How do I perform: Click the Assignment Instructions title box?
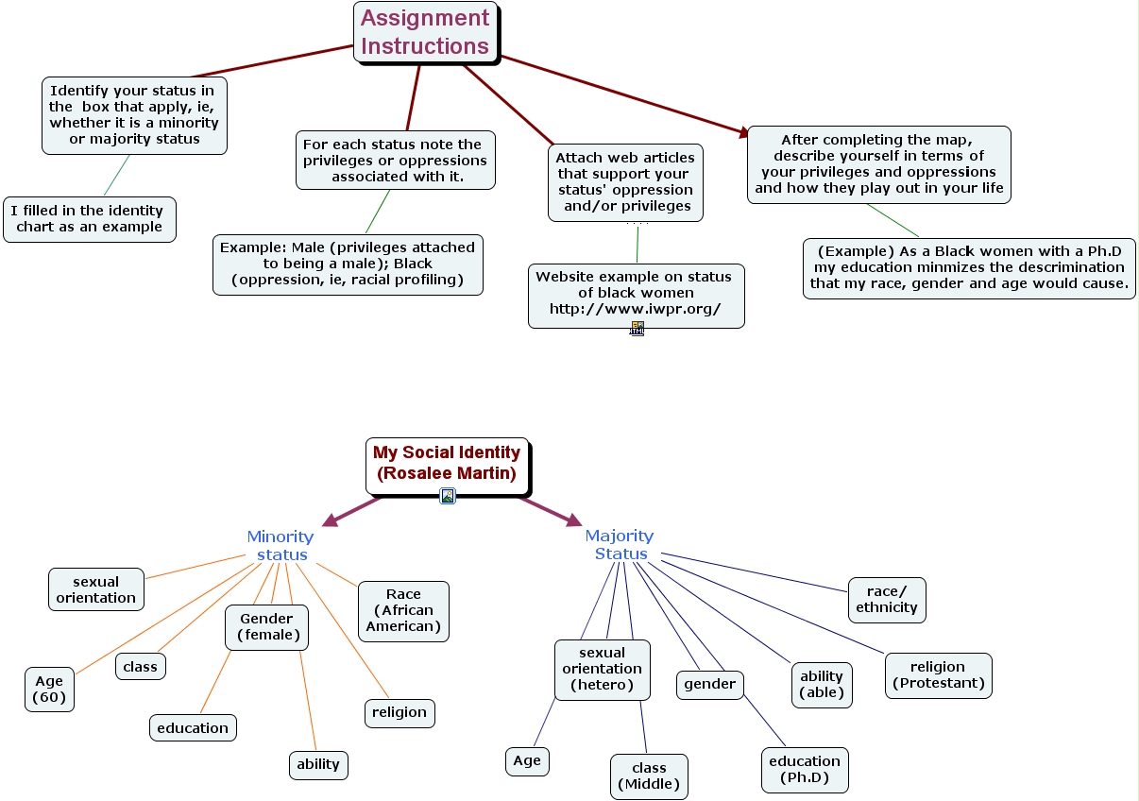tap(425, 32)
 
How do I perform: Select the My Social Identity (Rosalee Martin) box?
tap(447, 464)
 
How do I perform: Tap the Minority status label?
tap(280, 545)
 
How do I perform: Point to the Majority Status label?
tap(620, 544)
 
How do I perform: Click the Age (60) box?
tap(49, 690)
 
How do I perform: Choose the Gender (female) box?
tap(267, 627)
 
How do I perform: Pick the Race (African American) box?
tap(403, 610)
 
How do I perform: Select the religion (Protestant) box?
tap(938, 675)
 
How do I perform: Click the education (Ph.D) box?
tap(805, 769)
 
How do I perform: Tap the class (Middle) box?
tap(649, 775)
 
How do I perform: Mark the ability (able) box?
tap(822, 684)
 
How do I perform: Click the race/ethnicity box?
tap(886, 600)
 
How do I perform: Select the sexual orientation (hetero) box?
tap(602, 669)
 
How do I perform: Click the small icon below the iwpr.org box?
tap(637, 329)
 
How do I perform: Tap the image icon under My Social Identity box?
tap(448, 496)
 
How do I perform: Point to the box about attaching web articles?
tap(625, 182)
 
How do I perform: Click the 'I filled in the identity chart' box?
tap(89, 219)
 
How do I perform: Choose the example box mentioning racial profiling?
tap(348, 264)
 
